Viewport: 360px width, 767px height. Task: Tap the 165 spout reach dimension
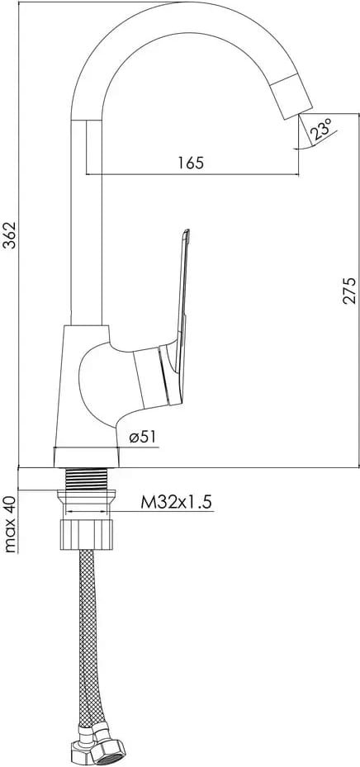(190, 163)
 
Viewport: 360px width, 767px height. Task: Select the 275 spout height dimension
(349, 291)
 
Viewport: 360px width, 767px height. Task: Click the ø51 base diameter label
(144, 437)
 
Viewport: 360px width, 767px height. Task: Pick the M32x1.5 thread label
(177, 502)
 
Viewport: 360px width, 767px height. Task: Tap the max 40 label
(10, 524)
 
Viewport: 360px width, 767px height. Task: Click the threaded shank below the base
(86, 478)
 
